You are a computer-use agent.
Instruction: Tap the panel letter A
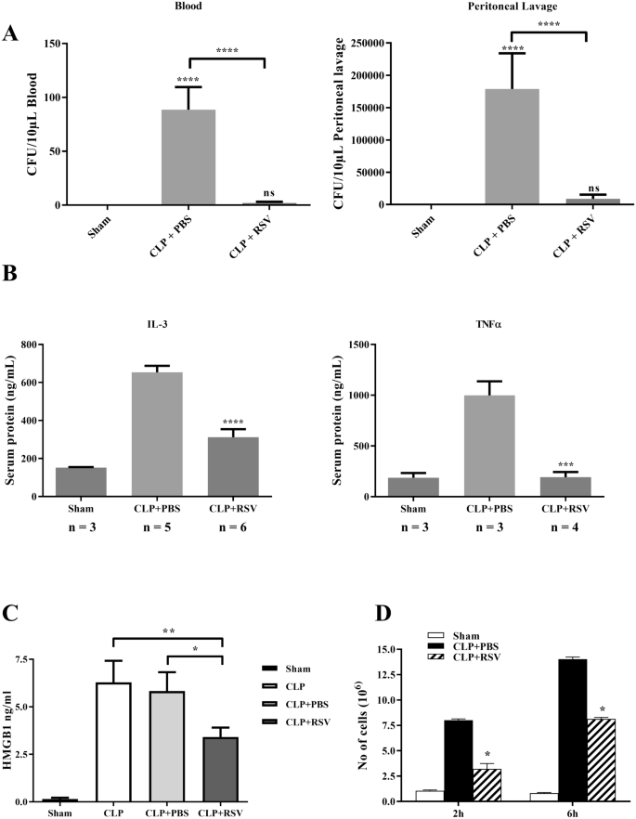pos(11,33)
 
